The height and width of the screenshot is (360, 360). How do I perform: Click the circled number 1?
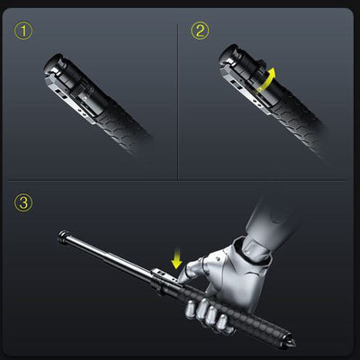click(x=23, y=31)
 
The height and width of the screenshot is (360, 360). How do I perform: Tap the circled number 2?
click(x=200, y=31)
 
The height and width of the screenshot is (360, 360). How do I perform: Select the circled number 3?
click(x=23, y=202)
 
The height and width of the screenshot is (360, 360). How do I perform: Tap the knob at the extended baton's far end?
click(x=64, y=237)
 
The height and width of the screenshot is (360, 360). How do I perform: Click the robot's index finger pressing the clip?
click(x=187, y=272)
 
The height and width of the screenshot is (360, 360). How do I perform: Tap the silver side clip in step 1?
click(x=70, y=100)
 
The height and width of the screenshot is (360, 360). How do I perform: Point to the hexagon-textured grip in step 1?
click(x=123, y=125)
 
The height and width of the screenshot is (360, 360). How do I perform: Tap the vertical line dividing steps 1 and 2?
click(x=178, y=102)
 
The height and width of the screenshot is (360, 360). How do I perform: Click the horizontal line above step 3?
click(x=176, y=181)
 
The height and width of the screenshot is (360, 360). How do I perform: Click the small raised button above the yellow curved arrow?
click(x=262, y=63)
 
